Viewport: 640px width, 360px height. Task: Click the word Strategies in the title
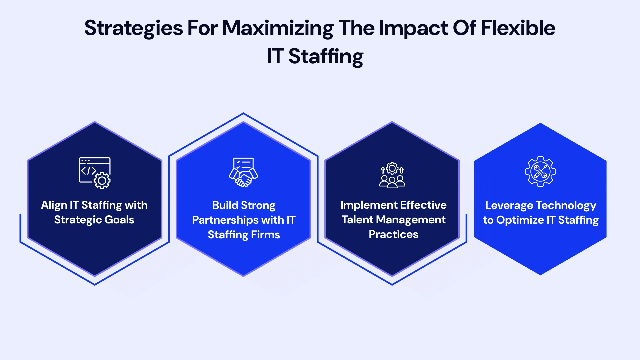(133, 29)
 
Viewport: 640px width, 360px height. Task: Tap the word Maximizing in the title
(278, 29)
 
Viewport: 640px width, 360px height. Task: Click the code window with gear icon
(95, 173)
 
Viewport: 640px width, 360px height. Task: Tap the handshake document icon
(243, 172)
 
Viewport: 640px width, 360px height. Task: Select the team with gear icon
(392, 175)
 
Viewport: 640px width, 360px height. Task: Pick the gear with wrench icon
(540, 172)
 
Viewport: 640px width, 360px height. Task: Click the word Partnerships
(225, 220)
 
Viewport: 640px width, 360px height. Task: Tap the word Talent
(357, 220)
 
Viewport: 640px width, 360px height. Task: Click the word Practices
(393, 234)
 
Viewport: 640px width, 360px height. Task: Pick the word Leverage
(509, 206)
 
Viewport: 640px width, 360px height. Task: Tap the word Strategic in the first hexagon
(78, 220)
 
